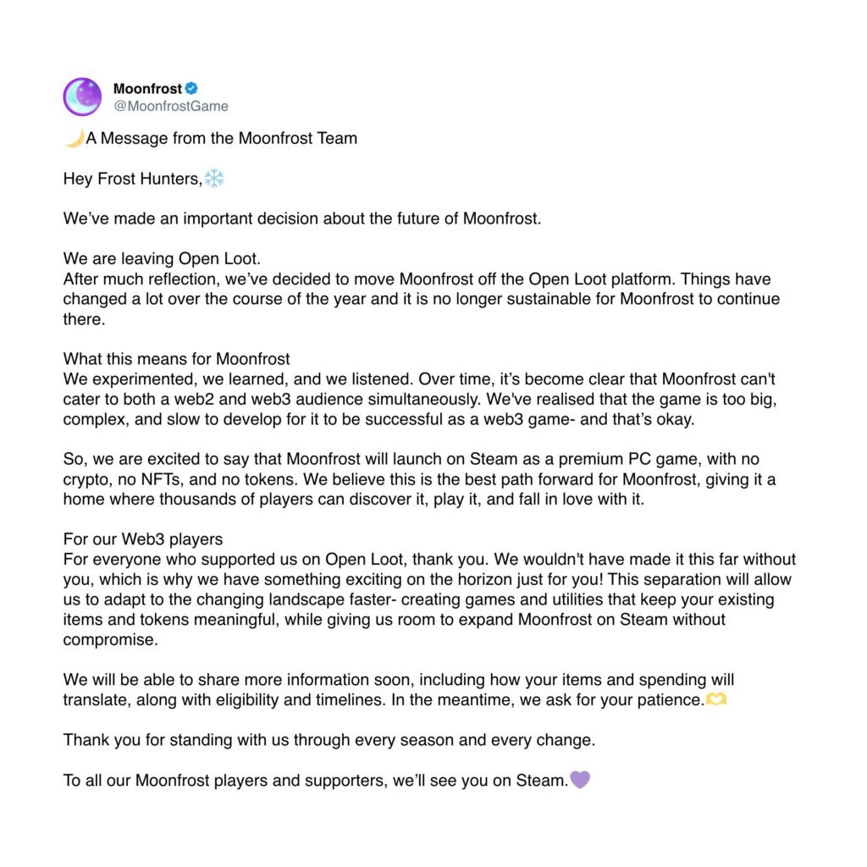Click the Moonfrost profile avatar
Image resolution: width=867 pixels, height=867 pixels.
82,97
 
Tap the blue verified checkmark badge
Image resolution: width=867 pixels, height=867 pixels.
192,88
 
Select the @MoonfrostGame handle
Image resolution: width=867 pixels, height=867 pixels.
170,106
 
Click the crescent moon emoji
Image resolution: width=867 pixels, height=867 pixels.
74,138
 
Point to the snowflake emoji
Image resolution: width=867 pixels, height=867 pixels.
214,178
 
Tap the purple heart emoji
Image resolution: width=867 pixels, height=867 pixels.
580,780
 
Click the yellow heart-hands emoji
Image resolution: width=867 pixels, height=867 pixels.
716,700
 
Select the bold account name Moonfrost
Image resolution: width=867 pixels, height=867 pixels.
147,88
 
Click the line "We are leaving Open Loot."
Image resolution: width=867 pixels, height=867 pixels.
162,259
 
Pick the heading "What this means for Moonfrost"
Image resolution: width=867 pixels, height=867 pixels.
177,359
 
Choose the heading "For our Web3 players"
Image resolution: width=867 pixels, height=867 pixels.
143,539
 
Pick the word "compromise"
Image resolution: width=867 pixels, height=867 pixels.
110,639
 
